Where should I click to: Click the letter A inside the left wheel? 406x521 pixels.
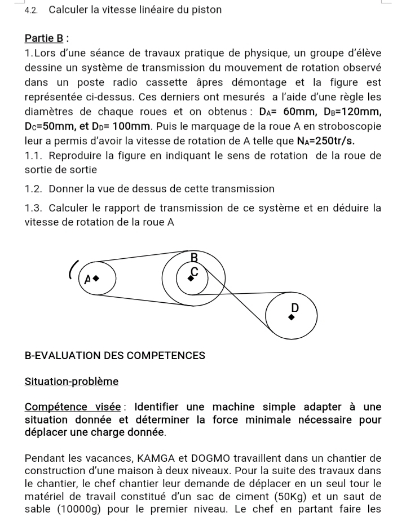tap(87, 279)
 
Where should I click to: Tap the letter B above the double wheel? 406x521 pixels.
tap(195, 258)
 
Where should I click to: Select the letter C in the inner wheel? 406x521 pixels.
tap(195, 272)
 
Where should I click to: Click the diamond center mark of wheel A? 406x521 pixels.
tap(96, 278)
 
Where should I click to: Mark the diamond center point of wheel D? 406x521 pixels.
tap(291, 317)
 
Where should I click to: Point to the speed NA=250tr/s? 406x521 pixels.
tap(321, 140)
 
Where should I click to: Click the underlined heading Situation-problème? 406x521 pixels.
tap(72, 381)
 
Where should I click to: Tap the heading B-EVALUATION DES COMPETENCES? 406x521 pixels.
tap(115, 355)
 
